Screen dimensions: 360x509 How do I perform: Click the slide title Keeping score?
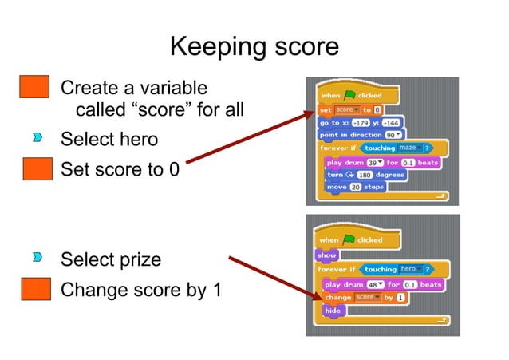tap(254, 46)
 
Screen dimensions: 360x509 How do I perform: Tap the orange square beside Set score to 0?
tap(34, 171)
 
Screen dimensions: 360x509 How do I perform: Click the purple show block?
tap(327, 255)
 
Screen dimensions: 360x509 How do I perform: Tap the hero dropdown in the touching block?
tap(410, 269)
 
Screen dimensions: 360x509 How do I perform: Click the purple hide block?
tap(333, 310)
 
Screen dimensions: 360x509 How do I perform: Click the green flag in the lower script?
tap(349, 239)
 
